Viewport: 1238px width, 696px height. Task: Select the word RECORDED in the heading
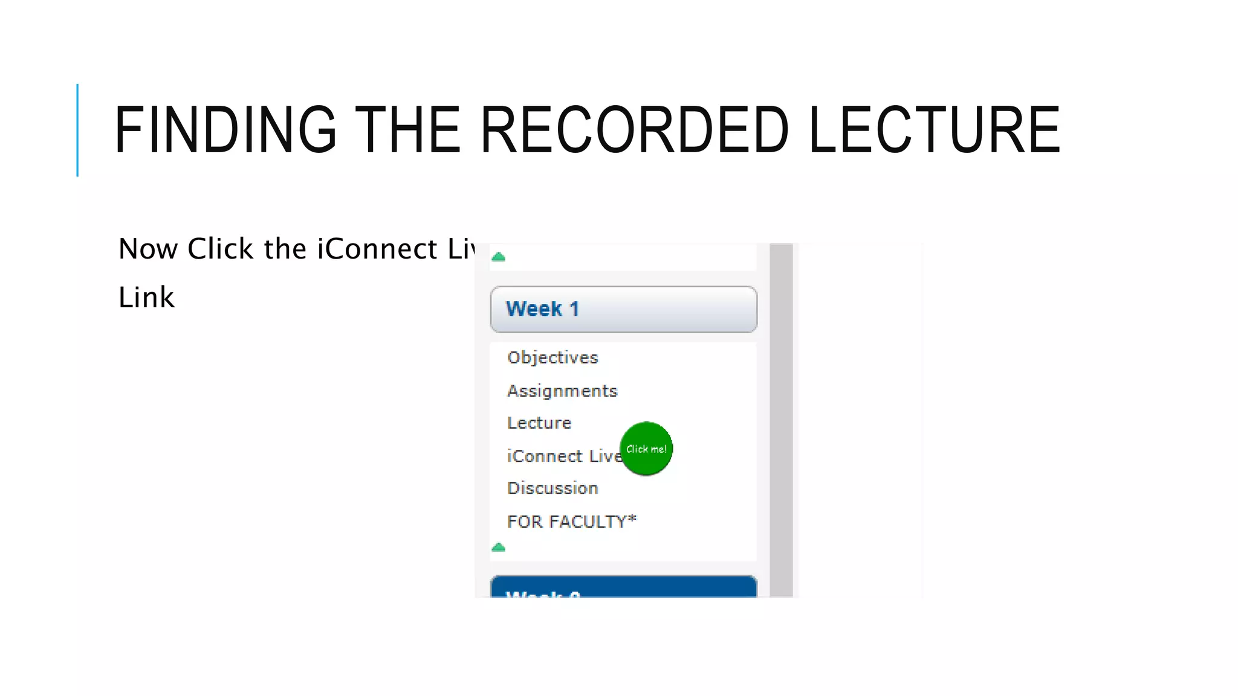pos(634,130)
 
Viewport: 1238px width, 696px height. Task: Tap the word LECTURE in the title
pos(934,130)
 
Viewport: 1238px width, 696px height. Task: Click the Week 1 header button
pos(623,309)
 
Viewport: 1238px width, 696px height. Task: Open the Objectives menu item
pos(553,358)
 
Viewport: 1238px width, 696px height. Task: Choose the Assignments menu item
pos(562,391)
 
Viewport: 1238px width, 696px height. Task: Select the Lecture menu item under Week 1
pos(539,423)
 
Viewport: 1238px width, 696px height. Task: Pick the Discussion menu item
pos(553,488)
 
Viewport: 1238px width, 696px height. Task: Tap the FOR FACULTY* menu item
pos(572,521)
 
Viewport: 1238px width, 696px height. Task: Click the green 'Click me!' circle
pos(646,449)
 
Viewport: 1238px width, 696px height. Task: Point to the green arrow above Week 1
pos(499,257)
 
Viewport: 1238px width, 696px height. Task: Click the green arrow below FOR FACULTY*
pos(499,547)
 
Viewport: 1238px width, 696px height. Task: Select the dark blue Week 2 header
pos(623,588)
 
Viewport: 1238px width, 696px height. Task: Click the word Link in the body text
pos(146,297)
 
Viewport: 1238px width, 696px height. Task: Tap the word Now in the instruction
pos(148,249)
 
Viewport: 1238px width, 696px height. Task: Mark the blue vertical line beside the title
pos(77,130)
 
